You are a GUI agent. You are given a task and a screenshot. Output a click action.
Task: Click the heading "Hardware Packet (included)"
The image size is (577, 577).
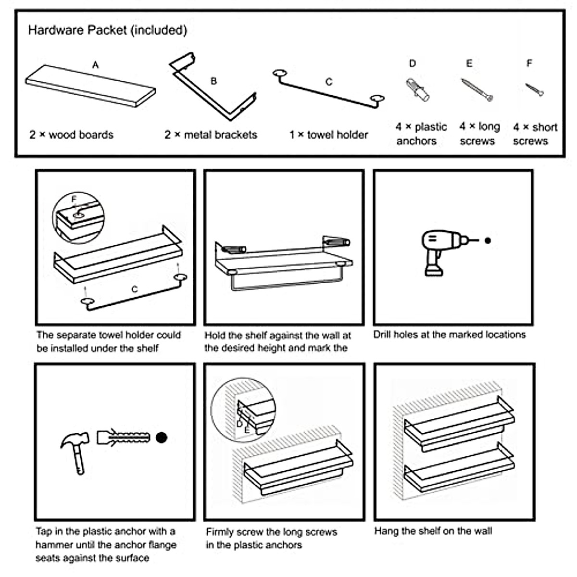coord(108,31)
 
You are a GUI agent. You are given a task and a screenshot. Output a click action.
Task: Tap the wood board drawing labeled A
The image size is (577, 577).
coord(90,86)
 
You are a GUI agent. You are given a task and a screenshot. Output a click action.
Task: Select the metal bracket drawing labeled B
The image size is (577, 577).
coord(213,86)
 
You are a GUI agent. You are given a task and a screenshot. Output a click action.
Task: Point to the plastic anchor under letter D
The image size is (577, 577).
coord(417,90)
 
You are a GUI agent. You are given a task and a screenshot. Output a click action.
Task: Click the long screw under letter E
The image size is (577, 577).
coord(477,90)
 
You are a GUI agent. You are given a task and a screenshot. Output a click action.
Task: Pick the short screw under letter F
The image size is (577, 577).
coord(535,90)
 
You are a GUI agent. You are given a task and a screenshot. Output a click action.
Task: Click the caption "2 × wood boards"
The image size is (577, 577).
coord(72,135)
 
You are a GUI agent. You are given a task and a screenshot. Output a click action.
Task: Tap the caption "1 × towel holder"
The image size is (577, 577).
coord(328,135)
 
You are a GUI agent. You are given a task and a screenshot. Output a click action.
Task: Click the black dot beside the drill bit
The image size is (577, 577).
coord(488,240)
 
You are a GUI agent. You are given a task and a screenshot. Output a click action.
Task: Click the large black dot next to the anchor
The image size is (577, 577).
coord(162,438)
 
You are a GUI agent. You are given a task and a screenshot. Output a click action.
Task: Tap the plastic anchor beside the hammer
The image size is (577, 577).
coord(123,438)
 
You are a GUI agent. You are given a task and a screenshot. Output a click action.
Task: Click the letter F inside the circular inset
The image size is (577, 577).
coord(74,199)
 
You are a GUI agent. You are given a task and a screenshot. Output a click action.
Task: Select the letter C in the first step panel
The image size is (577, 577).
coord(135,289)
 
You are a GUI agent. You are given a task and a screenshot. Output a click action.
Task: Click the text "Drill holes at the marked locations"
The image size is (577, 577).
coord(450,335)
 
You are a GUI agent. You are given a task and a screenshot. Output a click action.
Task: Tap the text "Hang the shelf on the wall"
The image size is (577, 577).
coord(433,531)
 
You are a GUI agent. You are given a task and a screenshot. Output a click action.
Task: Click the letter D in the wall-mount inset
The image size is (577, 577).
coord(239,424)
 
